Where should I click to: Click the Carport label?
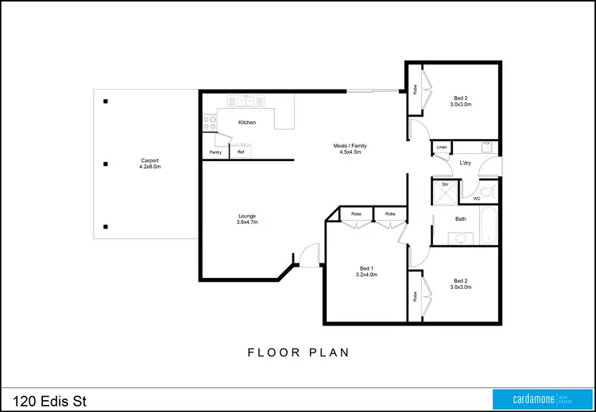pos(150,161)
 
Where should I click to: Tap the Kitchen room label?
pos(247,123)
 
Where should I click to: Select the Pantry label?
pos(215,152)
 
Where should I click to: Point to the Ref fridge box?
pos(242,151)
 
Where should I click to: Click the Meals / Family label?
pos(350,146)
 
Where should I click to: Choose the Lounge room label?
pos(247,216)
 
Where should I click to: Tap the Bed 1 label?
pos(366,269)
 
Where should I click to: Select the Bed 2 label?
pos(462,281)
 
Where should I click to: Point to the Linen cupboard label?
pos(442,148)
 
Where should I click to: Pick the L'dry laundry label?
pos(466,164)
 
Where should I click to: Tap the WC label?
pos(477,198)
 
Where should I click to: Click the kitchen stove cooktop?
pos(211,123)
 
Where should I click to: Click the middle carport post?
pos(106,164)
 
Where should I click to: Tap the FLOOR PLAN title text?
pos(298,352)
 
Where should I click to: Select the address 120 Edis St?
pos(49,400)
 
